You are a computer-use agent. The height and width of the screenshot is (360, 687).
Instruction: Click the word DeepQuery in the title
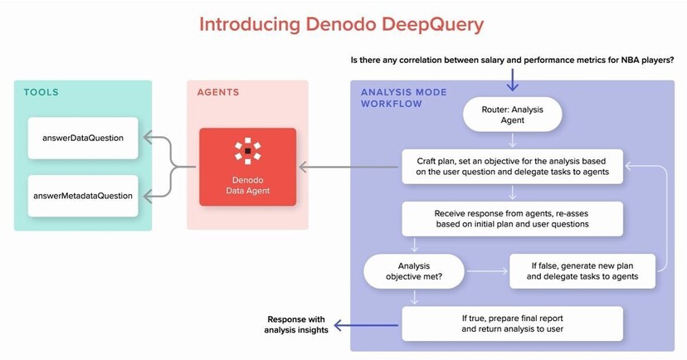tap(432, 25)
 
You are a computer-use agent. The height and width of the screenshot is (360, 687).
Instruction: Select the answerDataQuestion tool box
tap(83, 138)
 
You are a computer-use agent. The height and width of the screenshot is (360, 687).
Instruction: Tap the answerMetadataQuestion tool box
tap(83, 196)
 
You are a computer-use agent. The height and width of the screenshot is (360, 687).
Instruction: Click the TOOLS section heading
tap(41, 92)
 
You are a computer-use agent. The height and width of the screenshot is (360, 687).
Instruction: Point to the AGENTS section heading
tap(218, 92)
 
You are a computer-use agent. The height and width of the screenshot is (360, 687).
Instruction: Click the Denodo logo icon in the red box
tap(247, 151)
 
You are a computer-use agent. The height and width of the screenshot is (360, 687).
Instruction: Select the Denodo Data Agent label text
tap(247, 185)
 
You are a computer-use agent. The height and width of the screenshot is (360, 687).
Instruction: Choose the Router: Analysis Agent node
tap(512, 114)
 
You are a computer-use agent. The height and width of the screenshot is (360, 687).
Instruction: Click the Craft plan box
tap(512, 167)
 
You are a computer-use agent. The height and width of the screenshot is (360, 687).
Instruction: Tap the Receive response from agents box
tap(512, 218)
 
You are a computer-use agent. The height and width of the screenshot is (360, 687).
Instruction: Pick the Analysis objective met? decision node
tap(413, 271)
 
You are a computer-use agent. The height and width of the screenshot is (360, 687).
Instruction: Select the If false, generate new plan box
tap(582, 271)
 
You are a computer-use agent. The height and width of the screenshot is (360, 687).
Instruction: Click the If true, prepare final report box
tap(512, 324)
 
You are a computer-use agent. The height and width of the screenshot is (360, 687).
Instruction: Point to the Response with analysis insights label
tap(296, 324)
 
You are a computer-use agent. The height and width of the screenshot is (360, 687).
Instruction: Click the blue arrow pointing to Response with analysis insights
tap(366, 325)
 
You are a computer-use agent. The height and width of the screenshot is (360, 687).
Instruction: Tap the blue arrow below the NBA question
tap(512, 79)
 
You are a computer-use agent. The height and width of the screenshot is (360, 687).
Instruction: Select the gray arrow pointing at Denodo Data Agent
tap(348, 167)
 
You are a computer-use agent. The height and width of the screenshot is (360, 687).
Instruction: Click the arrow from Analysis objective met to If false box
tap(487, 271)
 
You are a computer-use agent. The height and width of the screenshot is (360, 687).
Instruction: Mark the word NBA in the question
tap(630, 61)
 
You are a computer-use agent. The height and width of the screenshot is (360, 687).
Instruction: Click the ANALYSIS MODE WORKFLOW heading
tap(403, 98)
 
